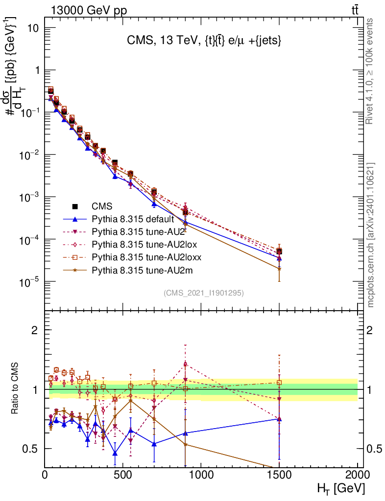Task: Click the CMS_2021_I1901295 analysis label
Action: coord(203,293)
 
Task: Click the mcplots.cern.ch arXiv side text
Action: coord(371,235)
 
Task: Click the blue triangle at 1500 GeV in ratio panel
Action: coord(279,419)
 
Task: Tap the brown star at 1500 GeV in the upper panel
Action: coord(279,269)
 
